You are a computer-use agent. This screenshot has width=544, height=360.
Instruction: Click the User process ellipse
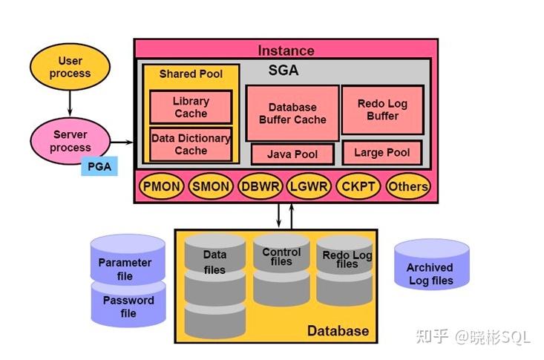click(70, 67)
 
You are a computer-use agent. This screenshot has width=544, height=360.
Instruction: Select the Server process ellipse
click(70, 141)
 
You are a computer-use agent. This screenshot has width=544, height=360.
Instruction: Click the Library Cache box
click(191, 107)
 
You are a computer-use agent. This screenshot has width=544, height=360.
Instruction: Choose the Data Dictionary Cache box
click(191, 144)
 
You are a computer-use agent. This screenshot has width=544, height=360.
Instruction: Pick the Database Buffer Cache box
click(292, 113)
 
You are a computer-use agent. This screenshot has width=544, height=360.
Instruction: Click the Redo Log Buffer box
click(382, 110)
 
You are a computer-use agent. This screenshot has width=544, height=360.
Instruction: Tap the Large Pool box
click(382, 152)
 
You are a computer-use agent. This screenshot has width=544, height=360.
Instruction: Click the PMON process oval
click(161, 186)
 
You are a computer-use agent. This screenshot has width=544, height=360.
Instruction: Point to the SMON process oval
click(211, 186)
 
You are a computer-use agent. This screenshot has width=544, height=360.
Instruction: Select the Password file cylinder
click(128, 305)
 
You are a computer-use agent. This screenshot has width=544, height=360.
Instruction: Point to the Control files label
click(281, 256)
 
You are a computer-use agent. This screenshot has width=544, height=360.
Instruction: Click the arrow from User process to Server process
click(70, 103)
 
